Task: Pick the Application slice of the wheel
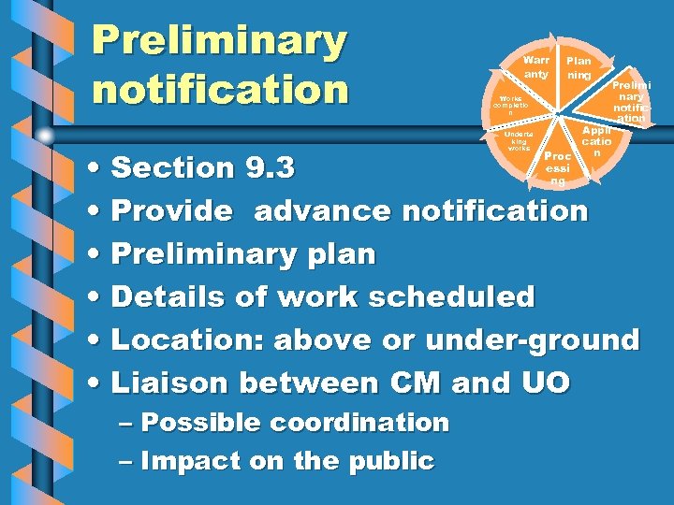pos(595,141)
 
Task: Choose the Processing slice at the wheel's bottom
pos(558,165)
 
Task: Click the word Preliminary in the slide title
pos(220,41)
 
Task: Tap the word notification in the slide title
pos(220,91)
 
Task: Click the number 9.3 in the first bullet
pos(270,169)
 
